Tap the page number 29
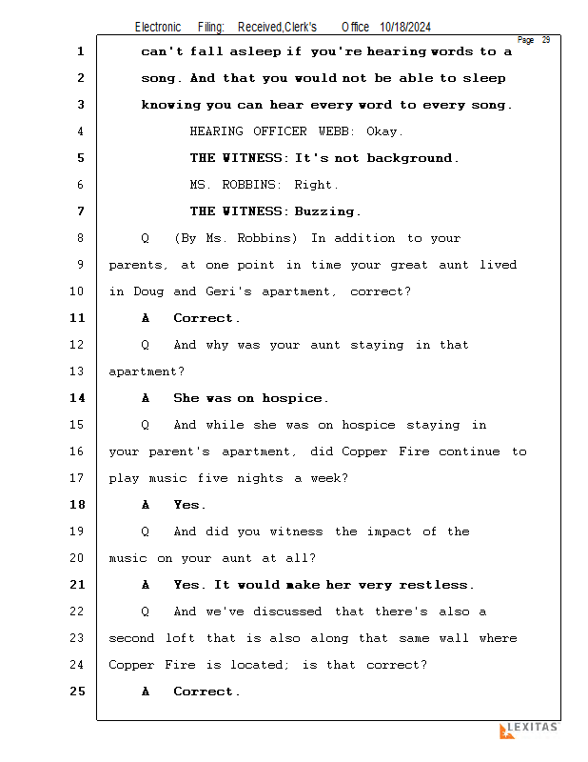(546, 40)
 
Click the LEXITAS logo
(529, 730)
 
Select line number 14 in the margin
(77, 398)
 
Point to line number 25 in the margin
(77, 692)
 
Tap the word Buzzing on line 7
(326, 211)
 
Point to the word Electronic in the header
(158, 28)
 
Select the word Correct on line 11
(205, 318)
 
